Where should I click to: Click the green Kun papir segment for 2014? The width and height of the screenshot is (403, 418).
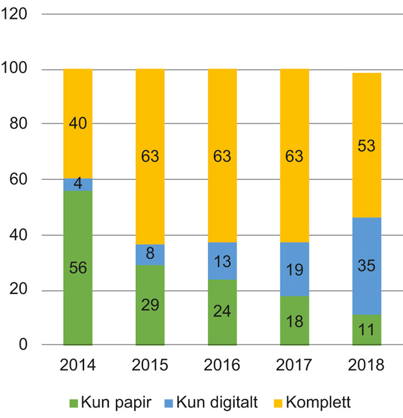coord(78,288)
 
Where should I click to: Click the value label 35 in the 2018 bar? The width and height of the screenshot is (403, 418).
coord(367,266)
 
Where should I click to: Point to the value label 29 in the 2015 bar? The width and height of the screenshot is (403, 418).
coord(150,306)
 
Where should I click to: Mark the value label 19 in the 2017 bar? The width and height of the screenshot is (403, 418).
coord(294,270)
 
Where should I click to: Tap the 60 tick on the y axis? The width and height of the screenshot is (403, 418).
coord(18,179)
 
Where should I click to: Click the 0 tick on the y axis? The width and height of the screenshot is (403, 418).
coord(23,345)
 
